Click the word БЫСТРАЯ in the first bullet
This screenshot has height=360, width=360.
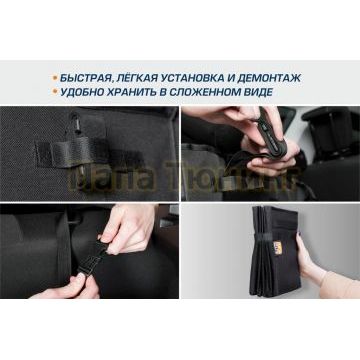[90, 77]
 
